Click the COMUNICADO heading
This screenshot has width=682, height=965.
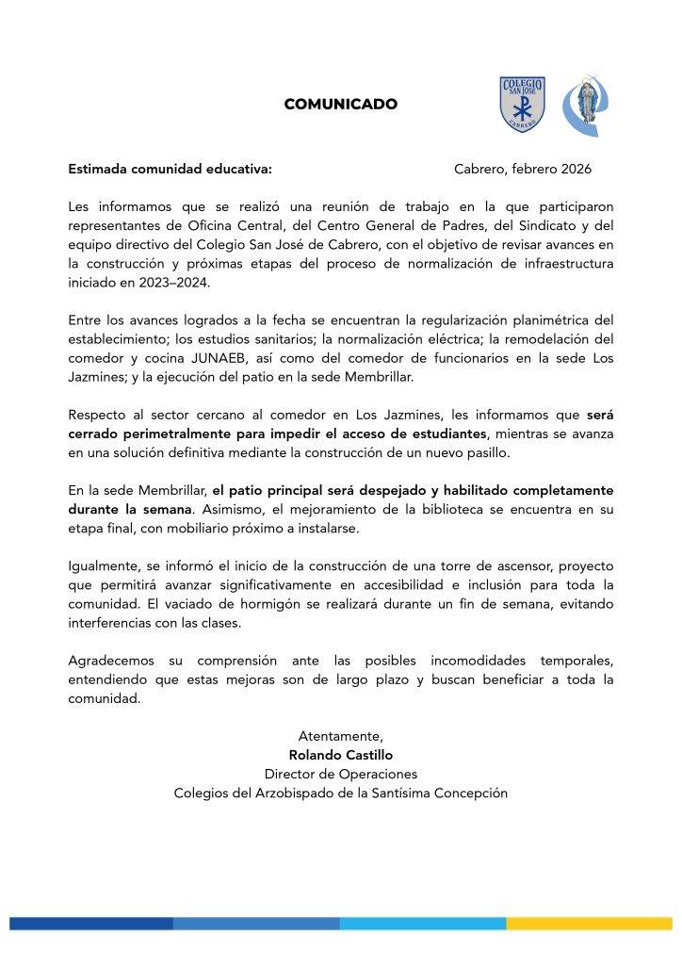pos(340,105)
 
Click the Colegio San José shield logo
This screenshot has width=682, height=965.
pos(521,104)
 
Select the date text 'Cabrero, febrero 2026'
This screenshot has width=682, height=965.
pos(522,170)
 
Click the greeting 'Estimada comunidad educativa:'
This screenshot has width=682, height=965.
pos(170,170)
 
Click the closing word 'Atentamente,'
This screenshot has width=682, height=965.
pos(341,736)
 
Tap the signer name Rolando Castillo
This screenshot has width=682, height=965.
pos(341,755)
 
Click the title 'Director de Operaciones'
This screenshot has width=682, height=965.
pos(341,774)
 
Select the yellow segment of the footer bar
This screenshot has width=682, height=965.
pos(589,924)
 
